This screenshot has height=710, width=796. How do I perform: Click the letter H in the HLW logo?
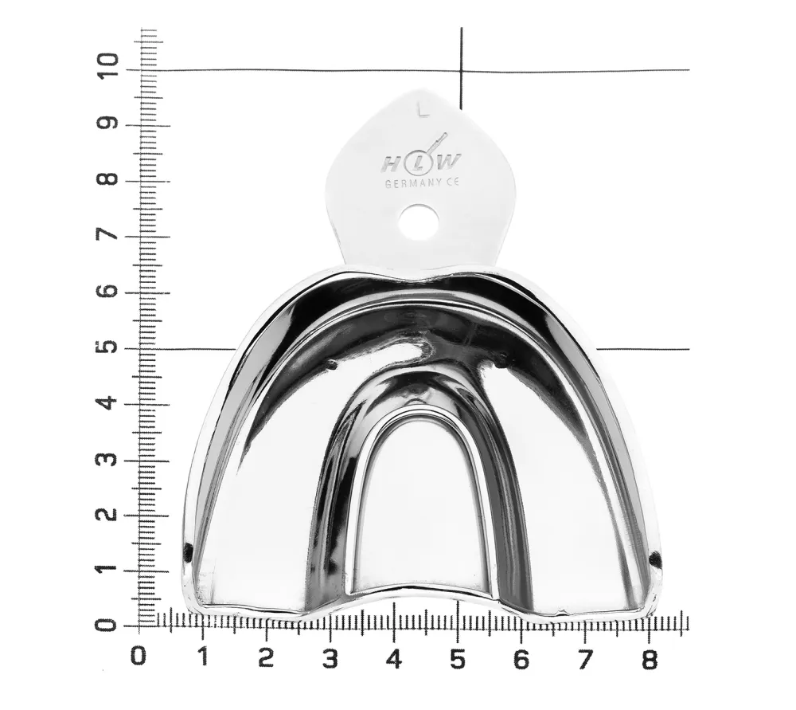[x=390, y=163]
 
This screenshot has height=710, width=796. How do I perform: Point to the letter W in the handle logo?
[x=449, y=162]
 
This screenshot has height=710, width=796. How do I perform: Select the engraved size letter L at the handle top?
[x=423, y=111]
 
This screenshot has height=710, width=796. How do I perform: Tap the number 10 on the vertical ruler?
[x=107, y=65]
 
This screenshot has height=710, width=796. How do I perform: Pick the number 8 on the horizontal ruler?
[x=650, y=660]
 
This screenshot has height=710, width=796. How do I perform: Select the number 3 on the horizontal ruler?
[x=330, y=660]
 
